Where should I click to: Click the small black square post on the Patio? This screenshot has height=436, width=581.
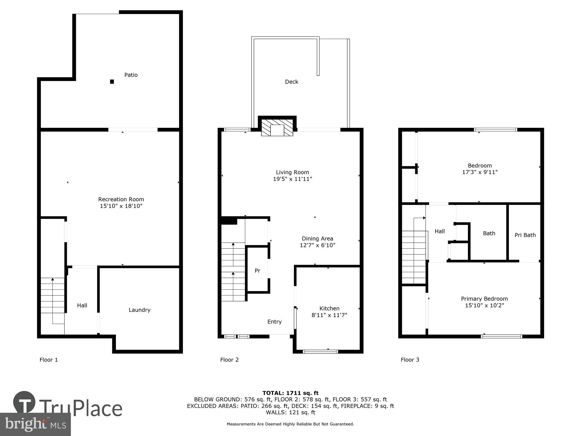[x=112, y=82]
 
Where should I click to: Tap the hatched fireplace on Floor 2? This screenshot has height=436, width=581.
[x=277, y=127]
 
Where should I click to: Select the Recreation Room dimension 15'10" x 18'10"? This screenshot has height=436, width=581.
[x=121, y=206]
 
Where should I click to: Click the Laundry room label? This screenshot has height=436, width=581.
[x=139, y=310]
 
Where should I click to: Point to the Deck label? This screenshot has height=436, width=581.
[x=291, y=82]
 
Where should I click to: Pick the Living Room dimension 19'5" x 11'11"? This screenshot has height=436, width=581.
[x=292, y=179]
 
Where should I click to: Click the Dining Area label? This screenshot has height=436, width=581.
[x=317, y=238]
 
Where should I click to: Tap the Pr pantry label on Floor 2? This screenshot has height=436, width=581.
[x=257, y=271]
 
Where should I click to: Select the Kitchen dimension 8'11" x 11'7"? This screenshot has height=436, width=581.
[x=329, y=315]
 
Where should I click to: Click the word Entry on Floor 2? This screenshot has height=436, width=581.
[x=274, y=321]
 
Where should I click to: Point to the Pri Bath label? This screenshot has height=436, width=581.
[x=525, y=235]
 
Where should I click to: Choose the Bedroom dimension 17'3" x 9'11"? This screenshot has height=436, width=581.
[x=480, y=172]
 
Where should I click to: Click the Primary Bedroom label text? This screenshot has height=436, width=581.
[x=484, y=299]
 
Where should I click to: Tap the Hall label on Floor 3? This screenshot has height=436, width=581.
[x=440, y=231]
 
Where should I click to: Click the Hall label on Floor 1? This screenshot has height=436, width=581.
[x=82, y=305]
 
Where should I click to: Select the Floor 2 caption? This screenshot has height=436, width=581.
[x=229, y=360]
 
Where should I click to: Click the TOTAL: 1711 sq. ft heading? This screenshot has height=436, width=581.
[x=290, y=393]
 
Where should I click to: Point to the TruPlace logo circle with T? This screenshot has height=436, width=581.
[x=24, y=402]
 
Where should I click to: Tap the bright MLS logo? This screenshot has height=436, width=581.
[x=35, y=424]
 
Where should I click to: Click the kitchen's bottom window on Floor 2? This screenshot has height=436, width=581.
[x=320, y=352]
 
